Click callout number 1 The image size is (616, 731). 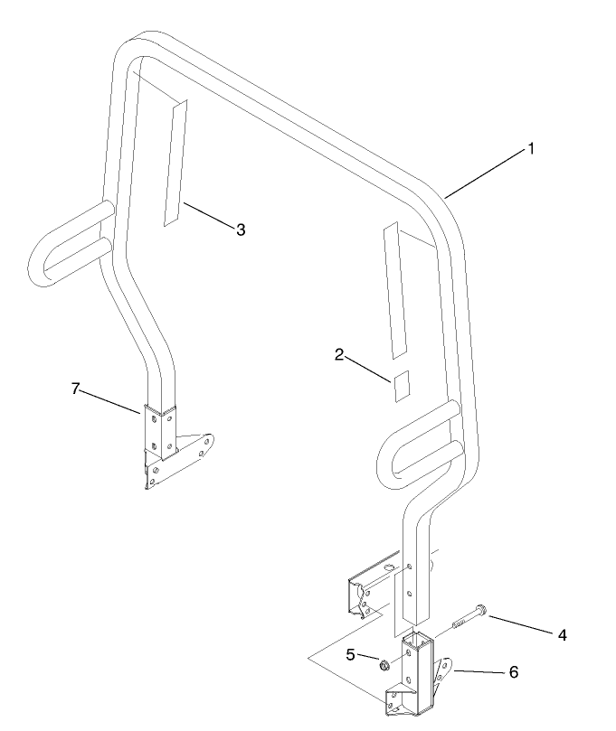[530, 149]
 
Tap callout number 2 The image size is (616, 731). [339, 355]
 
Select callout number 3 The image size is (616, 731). [241, 230]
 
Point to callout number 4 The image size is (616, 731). [563, 634]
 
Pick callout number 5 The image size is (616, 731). [350, 654]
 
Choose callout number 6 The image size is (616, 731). [514, 671]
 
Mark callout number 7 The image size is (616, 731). [75, 388]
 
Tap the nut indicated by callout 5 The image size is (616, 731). [384, 665]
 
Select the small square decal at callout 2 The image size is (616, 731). [402, 386]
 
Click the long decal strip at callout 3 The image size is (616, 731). [175, 163]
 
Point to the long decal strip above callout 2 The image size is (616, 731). [394, 290]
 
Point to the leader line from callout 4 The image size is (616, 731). [522, 624]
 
